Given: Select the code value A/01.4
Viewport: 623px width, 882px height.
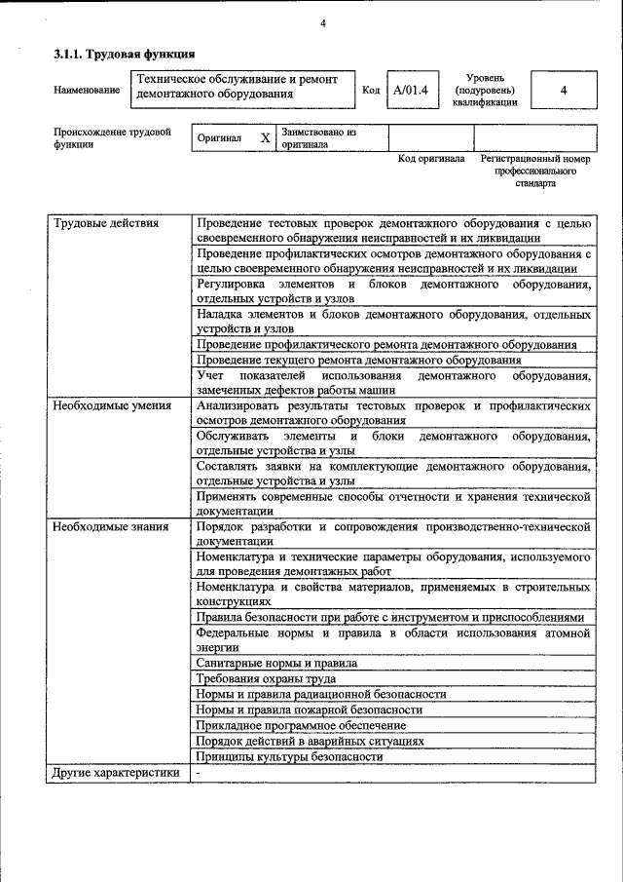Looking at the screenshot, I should [410, 91].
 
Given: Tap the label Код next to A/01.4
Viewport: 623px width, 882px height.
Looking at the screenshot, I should [370, 91].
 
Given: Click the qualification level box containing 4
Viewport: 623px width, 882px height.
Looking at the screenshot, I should [564, 91].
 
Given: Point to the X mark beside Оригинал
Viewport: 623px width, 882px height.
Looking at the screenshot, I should [265, 138].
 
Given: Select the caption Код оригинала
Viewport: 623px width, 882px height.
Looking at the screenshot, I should [431, 158].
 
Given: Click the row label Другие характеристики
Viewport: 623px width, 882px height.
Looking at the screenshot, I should [117, 773].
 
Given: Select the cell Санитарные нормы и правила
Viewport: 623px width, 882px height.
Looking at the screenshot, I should [275, 663].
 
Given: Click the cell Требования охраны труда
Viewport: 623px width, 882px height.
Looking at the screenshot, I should [266, 678].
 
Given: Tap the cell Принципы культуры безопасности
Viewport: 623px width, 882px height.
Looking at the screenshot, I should [289, 756].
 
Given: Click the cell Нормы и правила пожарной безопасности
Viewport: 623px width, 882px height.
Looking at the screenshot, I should [309, 709].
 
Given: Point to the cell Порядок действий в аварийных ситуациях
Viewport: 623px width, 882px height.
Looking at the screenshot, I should [310, 741].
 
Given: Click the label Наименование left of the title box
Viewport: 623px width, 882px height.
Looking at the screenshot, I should [88, 91].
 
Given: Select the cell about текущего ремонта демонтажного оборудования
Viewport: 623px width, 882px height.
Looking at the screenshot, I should [358, 360].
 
